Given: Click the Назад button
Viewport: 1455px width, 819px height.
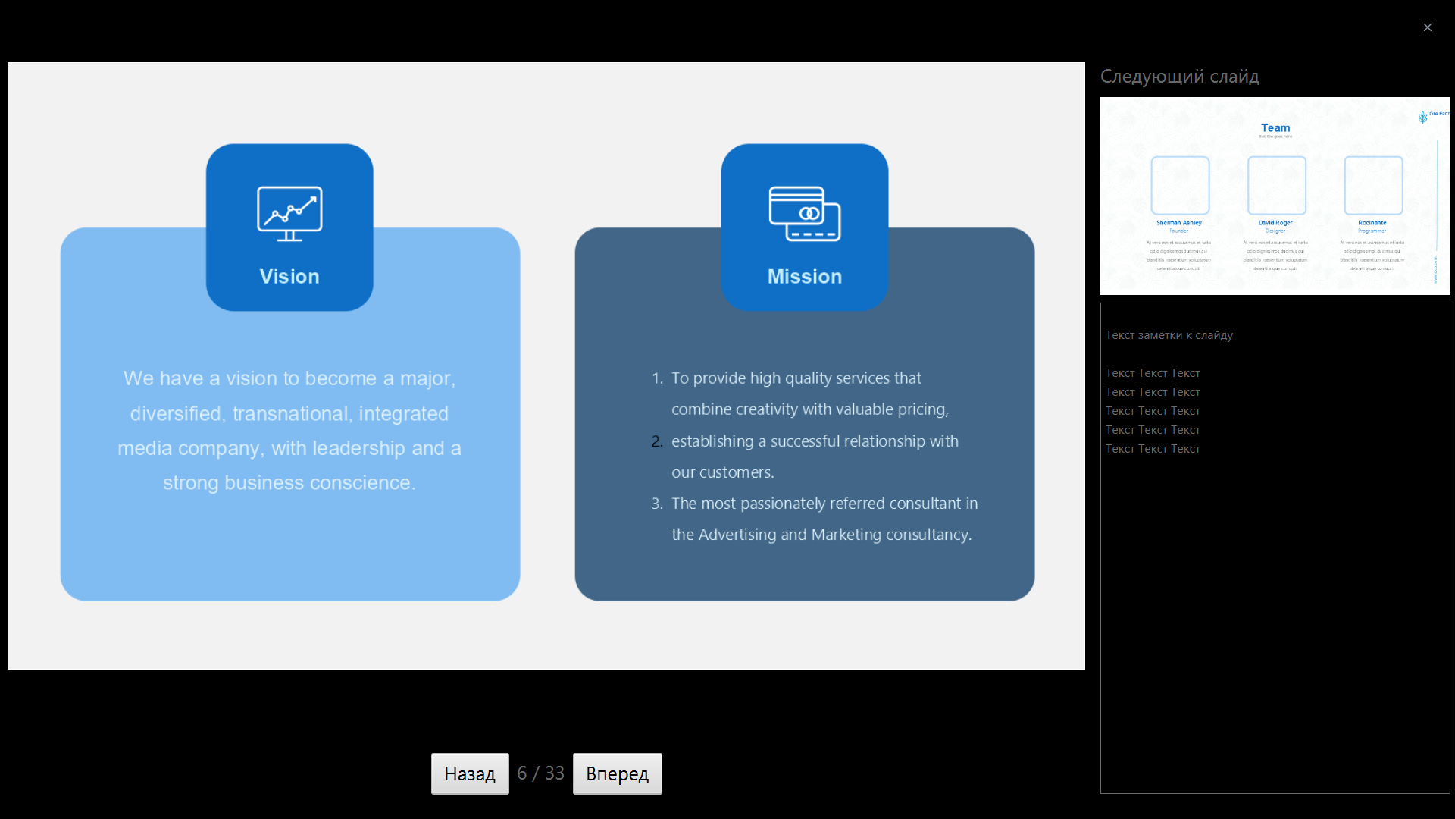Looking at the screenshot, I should [x=470, y=773].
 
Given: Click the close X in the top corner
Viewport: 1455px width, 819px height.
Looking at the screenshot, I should [x=1428, y=27].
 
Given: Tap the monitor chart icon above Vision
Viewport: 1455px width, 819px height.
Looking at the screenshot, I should [x=289, y=214].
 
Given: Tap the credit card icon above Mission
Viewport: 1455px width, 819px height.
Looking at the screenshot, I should [x=805, y=214].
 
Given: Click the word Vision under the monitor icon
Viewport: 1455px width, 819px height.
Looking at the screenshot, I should [x=289, y=277].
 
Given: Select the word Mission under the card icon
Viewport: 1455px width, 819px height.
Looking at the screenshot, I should [x=805, y=277].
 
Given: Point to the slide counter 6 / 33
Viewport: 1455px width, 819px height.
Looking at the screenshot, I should [x=540, y=773].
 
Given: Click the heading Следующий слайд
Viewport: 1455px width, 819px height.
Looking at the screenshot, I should [x=1179, y=77].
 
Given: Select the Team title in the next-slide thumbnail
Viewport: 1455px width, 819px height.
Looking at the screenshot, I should [x=1275, y=128].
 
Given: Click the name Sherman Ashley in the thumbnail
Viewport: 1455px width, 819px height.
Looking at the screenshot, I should [x=1179, y=223].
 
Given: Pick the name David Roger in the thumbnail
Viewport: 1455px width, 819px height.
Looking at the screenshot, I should [x=1275, y=223].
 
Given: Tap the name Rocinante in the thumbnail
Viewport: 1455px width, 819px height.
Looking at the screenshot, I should [x=1372, y=223].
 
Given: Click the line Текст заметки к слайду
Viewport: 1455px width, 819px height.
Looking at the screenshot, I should [x=1169, y=335].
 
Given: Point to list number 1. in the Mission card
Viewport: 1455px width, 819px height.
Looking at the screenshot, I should [x=657, y=378].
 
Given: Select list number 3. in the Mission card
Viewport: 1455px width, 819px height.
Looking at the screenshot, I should [x=657, y=504].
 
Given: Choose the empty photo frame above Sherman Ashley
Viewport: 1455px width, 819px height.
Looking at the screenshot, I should [x=1180, y=185].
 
